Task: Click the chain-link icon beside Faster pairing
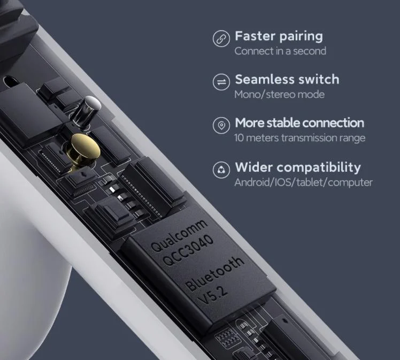point(221,39)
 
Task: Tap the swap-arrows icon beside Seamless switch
point(221,82)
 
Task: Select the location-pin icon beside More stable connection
point(221,125)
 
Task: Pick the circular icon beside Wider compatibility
point(221,170)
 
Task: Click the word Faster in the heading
point(256,36)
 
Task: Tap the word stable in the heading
point(284,122)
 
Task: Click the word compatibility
point(319,168)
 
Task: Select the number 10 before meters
point(239,138)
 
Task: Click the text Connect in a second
point(280,51)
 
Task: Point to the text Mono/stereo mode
point(279,95)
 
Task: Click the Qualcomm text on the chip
point(179,235)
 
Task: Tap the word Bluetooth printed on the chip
point(214,274)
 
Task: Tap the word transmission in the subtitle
point(309,138)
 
